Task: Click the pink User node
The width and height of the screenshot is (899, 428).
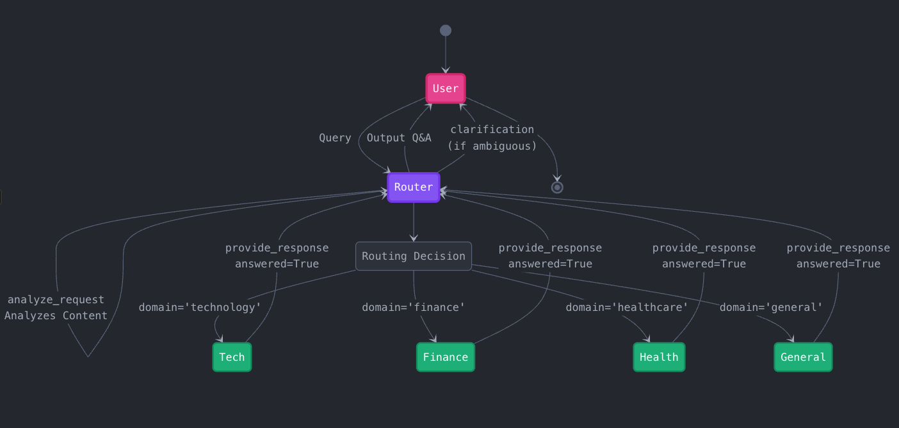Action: point(446,88)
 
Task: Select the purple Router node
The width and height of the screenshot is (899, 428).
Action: point(414,187)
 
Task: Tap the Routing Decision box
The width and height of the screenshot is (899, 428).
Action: point(414,256)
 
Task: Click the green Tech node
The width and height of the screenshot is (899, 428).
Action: point(232,357)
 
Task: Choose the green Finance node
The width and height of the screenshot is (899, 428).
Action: point(446,357)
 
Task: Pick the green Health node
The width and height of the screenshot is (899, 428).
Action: point(659,357)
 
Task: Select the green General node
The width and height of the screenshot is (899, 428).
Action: point(803,357)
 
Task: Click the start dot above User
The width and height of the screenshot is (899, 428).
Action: point(446,31)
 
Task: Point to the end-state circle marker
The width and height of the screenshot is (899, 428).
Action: point(557,187)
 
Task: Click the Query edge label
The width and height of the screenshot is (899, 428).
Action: point(335,138)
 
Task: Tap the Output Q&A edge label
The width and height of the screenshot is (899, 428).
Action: point(399,138)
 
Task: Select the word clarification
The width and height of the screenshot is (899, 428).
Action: point(492,130)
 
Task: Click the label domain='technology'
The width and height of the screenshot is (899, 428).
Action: point(200,308)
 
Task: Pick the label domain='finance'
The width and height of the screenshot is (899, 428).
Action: point(414,308)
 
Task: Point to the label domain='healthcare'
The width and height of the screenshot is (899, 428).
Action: point(627,308)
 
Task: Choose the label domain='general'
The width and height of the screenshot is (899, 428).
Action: point(771,308)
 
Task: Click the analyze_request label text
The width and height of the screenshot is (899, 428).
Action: point(56,300)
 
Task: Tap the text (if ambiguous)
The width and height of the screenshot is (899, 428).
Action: point(492,147)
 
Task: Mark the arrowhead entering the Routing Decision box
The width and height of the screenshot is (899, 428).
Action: point(414,238)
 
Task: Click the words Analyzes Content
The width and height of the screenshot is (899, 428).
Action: point(56,316)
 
